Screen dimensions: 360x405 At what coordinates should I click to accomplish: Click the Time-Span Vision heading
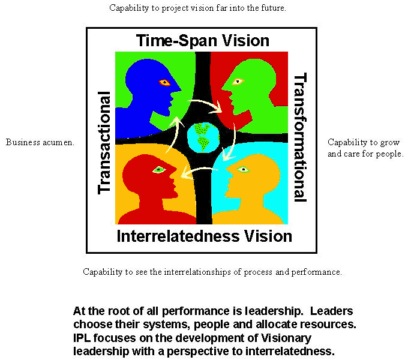tap(202, 41)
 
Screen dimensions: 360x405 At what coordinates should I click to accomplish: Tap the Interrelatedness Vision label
tap(204, 236)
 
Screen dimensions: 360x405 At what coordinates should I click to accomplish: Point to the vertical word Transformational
tap(299, 137)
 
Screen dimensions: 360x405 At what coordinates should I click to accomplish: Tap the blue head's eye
tap(164, 82)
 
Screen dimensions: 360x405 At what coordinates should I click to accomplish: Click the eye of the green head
tap(238, 81)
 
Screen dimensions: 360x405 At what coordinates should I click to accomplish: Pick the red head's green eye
tap(158, 170)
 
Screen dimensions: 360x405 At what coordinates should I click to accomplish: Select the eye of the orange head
tap(243, 169)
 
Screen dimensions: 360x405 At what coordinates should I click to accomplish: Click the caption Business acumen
tap(40, 142)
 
